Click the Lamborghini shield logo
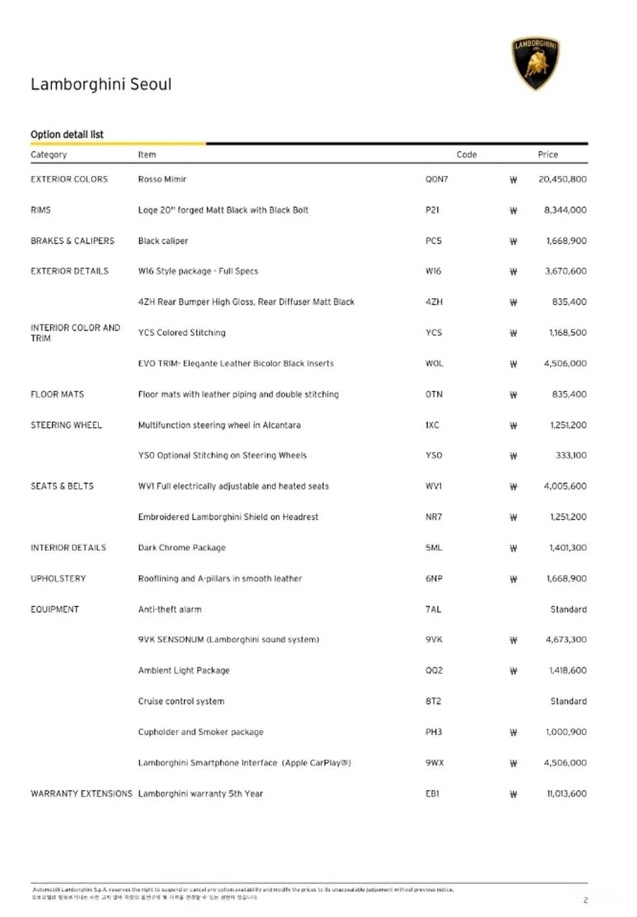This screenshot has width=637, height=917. tap(535, 63)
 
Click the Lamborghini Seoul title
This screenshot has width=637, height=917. tap(101, 84)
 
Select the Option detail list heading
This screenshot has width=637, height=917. tap(67, 134)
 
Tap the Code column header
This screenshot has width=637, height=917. tap(466, 155)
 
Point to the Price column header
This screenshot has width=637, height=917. tap(547, 155)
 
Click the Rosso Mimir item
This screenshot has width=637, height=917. tap(162, 179)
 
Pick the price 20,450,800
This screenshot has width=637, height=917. tap(562, 179)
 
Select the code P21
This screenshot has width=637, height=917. tap(432, 210)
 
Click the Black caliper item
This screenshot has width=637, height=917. tap(163, 241)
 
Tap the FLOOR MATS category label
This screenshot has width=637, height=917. tap(57, 395)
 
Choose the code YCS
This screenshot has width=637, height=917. tap(433, 333)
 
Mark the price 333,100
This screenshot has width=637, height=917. tap(570, 455)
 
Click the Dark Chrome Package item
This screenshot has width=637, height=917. tap(181, 547)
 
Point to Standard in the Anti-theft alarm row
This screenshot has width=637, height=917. tap(568, 609)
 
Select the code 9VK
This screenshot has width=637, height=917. tap(433, 640)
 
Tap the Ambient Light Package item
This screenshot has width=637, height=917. tap(183, 671)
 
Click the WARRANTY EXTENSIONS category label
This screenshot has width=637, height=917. tap(81, 794)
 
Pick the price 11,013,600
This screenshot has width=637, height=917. tap(566, 794)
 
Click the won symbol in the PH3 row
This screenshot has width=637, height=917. tap(513, 732)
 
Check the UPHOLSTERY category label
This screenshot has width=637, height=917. tap(58, 578)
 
